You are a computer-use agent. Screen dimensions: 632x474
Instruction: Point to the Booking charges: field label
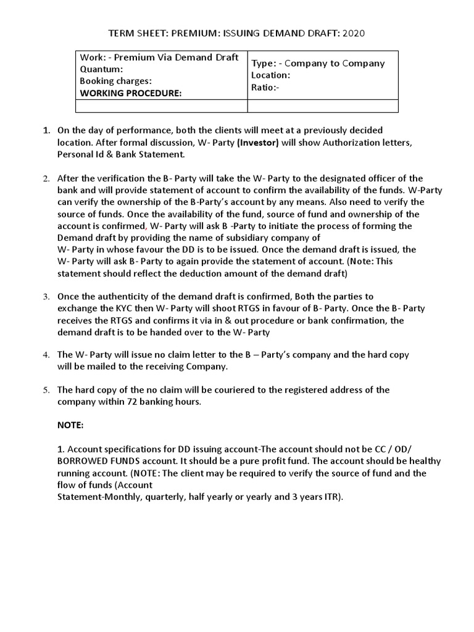(115, 81)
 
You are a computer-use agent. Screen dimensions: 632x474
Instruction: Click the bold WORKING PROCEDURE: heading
(131, 93)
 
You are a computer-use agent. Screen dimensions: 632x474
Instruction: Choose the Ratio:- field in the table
(266, 87)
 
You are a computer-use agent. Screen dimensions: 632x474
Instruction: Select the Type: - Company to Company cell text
(318, 63)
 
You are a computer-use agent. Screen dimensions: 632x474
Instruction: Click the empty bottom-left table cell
(161, 107)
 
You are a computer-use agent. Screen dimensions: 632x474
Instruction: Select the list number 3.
(45, 297)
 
